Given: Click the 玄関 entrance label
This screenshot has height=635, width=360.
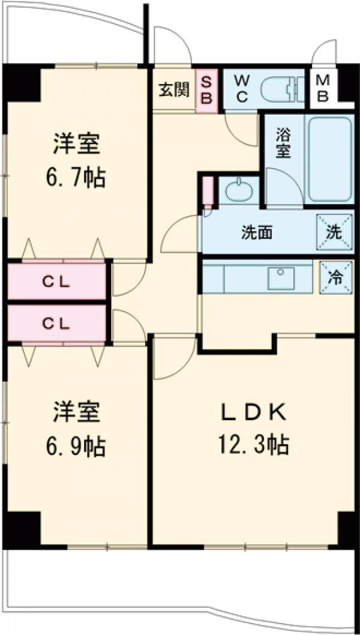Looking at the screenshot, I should pos(174,90).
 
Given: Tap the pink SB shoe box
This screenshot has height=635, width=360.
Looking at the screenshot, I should pos(206,90).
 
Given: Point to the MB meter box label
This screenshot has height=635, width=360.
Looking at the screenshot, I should pos(323,89).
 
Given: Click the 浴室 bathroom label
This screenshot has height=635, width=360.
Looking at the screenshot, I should pos(283,143).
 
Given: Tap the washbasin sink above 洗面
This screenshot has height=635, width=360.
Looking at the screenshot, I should pos(239,191).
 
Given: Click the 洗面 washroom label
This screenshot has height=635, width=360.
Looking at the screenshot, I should pos(257,233).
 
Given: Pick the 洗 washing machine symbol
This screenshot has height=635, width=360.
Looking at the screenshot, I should pos(334,230).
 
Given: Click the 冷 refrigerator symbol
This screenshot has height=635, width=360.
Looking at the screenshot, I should pos(335,277).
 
